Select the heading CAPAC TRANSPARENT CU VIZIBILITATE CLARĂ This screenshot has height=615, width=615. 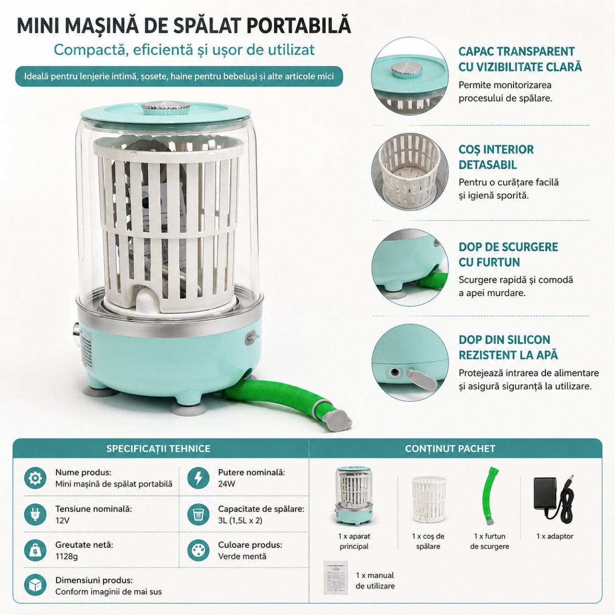point(520,59)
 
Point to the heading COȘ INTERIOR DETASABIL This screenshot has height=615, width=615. point(496,157)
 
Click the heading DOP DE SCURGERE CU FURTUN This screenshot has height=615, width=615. point(508,254)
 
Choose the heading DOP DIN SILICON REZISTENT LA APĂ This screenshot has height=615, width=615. point(508,347)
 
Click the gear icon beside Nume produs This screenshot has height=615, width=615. point(35,478)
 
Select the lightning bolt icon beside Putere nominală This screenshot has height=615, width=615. point(198,478)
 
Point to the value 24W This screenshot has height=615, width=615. point(227,484)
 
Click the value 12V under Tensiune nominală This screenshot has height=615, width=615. point(62,521)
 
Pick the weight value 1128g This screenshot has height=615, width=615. point(67,557)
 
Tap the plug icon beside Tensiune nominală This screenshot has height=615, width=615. point(35,515)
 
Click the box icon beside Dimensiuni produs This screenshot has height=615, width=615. point(35,585)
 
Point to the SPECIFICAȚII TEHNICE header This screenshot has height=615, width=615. point(158,449)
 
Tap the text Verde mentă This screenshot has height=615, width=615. point(242,557)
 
